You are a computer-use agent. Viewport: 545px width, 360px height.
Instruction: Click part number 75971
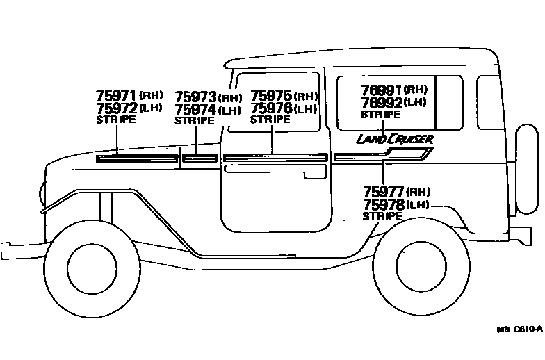pos(117,96)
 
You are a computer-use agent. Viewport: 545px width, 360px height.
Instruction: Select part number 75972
pos(117,108)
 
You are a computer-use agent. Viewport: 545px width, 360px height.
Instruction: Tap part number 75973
pos(195,97)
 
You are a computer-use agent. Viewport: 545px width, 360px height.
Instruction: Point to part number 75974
pos(195,110)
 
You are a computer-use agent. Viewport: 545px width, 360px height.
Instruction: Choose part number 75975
pos(271,96)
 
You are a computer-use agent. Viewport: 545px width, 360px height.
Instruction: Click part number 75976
pos(271,108)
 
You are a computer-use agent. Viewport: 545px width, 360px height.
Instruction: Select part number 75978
pos(384,204)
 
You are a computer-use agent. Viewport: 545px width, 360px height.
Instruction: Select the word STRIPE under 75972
pos(115,120)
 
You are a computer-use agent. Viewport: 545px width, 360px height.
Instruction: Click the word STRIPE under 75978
pos(382,216)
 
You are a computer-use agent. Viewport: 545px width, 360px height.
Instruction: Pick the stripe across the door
pos(275,157)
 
